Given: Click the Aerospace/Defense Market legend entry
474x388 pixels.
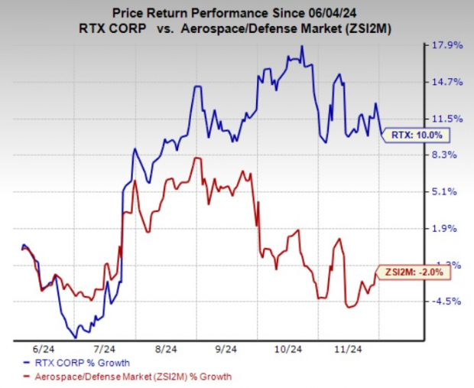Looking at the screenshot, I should tap(127, 377).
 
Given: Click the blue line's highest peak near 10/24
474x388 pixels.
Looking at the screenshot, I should tap(302, 46).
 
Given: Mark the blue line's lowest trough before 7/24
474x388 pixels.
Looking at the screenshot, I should tap(75, 337).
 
